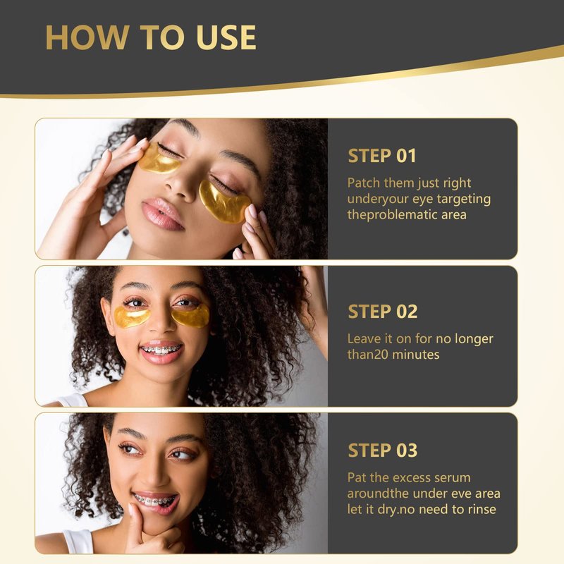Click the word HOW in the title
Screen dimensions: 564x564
tap(87, 37)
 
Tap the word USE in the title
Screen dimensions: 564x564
tap(226, 37)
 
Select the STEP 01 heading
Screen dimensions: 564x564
tap(382, 156)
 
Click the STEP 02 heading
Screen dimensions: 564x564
tap(383, 312)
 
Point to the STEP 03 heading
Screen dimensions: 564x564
tap(383, 450)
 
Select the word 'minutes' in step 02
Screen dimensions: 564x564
tap(416, 355)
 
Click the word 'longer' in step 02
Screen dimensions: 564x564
tap(474, 340)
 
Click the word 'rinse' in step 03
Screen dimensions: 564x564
tap(482, 509)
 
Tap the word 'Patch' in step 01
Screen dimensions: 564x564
tap(364, 183)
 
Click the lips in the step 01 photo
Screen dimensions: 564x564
tap(163, 214)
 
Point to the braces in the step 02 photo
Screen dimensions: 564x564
tap(161, 349)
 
